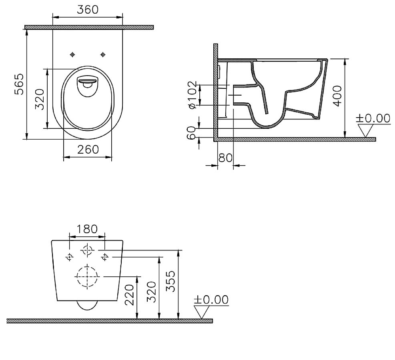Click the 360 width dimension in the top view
(x=87, y=10)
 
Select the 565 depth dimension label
(x=19, y=84)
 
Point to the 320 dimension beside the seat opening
(x=39, y=98)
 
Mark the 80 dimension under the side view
(x=225, y=158)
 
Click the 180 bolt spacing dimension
(x=87, y=229)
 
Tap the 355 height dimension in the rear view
(x=171, y=282)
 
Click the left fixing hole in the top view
(x=72, y=54)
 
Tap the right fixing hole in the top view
(x=103, y=54)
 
